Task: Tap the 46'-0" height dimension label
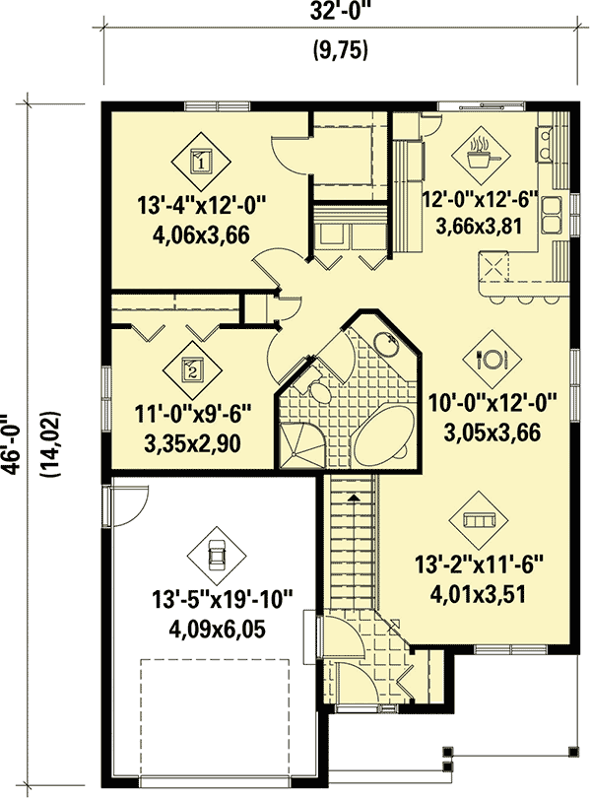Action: (12, 442)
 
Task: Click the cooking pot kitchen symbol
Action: (481, 156)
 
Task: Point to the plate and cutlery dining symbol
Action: (492, 359)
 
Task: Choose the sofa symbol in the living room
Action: (479, 520)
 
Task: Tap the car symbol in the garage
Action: (217, 556)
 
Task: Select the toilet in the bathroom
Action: (318, 390)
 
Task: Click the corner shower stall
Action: (299, 444)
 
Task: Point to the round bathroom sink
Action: (386, 345)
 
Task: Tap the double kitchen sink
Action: (552, 215)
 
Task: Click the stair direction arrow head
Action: (352, 498)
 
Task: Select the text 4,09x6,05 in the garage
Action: (217, 630)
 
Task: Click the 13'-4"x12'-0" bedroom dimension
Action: (202, 208)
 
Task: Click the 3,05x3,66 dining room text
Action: (492, 433)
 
